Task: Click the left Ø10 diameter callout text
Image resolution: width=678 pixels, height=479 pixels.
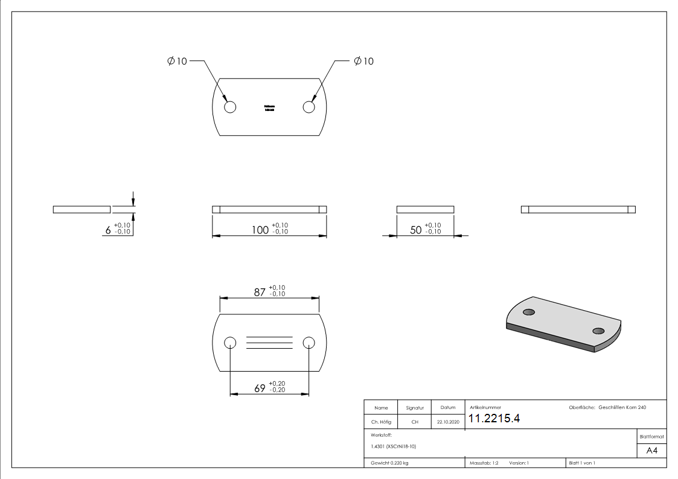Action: coord(177,61)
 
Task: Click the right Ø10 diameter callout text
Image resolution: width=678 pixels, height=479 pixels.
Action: coord(363,61)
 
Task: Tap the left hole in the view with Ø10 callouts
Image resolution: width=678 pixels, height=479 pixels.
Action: coord(229,107)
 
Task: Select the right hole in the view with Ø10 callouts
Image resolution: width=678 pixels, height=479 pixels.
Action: coord(309,107)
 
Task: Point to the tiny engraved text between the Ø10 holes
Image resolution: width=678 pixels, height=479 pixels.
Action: coord(269,108)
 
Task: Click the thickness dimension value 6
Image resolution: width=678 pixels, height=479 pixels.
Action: coord(108,230)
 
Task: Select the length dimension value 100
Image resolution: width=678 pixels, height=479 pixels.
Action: coord(260,230)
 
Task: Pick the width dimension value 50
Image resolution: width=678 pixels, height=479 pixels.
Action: coord(416,230)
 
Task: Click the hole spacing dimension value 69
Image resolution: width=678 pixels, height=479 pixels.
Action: coord(260,389)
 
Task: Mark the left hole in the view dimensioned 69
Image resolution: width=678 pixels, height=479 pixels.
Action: coord(229,343)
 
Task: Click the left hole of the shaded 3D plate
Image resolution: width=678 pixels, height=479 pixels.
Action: coord(529,312)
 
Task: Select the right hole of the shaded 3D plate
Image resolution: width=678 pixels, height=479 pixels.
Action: coord(598,331)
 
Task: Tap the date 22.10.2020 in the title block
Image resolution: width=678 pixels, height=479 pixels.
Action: coord(447,422)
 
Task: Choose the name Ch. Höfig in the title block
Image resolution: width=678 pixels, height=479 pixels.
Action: coord(381,422)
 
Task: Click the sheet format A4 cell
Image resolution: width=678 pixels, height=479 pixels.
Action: coord(651,451)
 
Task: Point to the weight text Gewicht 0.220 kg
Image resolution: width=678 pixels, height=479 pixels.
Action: coord(389,463)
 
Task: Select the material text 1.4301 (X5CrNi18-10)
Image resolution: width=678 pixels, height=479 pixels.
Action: coord(393,446)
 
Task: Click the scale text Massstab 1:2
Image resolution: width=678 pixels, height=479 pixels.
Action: coord(484,463)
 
